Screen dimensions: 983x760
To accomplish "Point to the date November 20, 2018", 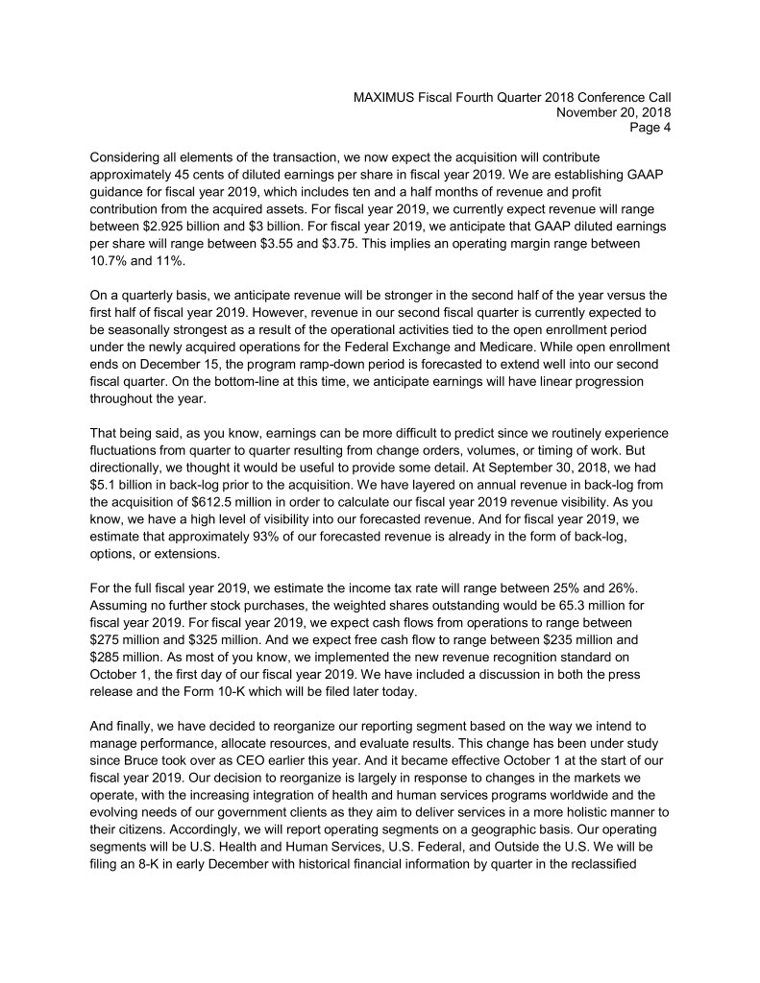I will pyautogui.click(x=613, y=111).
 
